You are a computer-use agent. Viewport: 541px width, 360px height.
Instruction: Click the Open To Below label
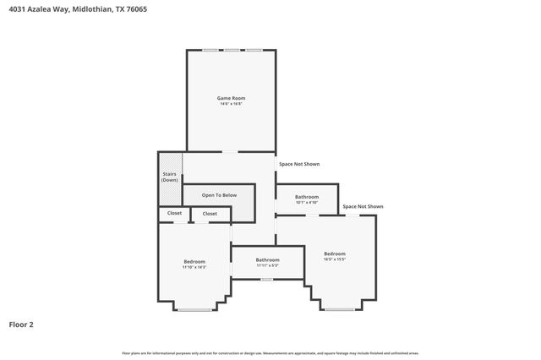point(219,195)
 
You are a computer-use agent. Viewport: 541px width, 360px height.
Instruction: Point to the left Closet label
point(174,213)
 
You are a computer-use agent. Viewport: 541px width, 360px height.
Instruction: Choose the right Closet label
point(210,214)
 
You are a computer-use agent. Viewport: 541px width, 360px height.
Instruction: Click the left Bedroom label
point(194,261)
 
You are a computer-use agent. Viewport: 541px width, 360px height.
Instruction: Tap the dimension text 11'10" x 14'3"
point(194,267)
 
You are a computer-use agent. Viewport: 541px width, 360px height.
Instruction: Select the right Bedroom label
point(335,254)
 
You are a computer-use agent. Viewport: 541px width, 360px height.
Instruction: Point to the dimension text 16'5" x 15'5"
point(335,259)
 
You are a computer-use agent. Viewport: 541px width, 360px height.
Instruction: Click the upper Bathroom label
point(307,197)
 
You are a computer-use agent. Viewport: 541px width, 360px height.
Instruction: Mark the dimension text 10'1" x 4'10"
point(307,202)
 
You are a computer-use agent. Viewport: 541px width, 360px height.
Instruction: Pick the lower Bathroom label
point(268,259)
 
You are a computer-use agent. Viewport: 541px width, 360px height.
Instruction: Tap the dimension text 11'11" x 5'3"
point(268,265)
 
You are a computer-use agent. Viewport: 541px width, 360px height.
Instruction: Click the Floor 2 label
point(21,324)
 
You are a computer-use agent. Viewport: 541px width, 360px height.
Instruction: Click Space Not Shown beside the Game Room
point(299,164)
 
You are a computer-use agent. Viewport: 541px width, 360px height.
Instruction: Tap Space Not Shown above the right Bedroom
point(363,206)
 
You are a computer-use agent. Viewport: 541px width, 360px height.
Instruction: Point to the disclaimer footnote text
point(270,353)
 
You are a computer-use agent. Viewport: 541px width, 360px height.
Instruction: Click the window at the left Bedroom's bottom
point(194,309)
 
